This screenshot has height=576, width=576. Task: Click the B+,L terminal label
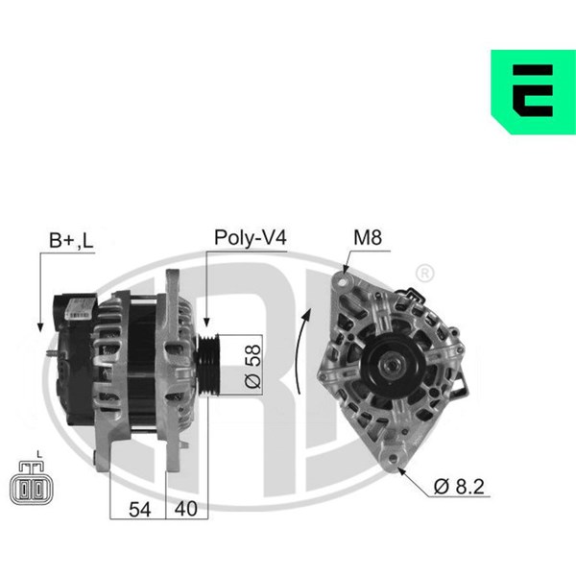(x=71, y=241)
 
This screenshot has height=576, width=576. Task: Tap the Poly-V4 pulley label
(x=251, y=237)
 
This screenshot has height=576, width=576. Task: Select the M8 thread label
(x=368, y=237)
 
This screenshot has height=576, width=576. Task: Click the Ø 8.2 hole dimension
(x=459, y=487)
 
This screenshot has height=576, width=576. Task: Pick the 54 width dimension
(x=139, y=510)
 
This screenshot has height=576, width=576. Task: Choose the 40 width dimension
(x=186, y=509)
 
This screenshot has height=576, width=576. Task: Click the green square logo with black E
(x=534, y=92)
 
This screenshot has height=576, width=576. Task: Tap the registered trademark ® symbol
(x=424, y=273)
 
